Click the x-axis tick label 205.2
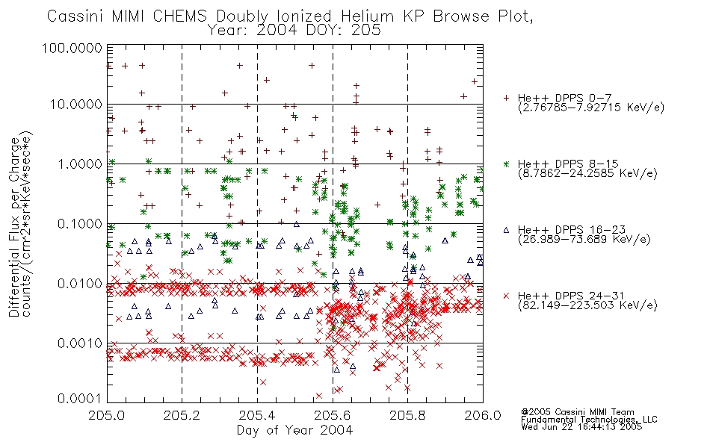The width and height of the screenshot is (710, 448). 182,415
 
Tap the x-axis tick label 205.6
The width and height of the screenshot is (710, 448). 333,415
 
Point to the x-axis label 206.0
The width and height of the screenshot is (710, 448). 483,415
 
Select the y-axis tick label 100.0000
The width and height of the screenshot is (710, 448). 72,48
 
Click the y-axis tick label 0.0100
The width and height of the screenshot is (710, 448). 80,284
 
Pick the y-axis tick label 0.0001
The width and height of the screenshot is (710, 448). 80,399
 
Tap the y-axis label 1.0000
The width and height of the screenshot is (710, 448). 80,164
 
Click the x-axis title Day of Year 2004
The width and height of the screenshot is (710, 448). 294,430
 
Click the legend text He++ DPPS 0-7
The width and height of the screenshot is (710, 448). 565,98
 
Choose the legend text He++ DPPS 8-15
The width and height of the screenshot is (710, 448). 568,164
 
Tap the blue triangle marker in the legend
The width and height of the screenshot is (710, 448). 506,230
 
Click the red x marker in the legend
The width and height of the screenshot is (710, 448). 506,296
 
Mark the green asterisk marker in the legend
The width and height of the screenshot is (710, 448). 506,164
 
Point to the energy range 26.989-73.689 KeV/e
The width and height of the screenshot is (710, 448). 584,239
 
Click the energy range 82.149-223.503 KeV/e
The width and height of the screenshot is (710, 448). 587,305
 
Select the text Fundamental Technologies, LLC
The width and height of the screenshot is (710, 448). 589,420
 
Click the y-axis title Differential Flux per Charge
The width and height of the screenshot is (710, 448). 14,227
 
